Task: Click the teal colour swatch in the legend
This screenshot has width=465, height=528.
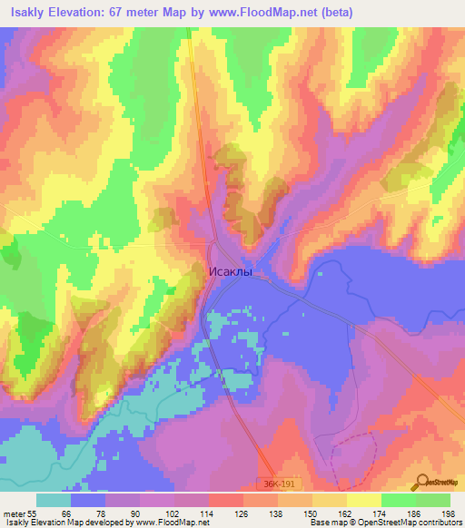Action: click(x=54, y=500)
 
